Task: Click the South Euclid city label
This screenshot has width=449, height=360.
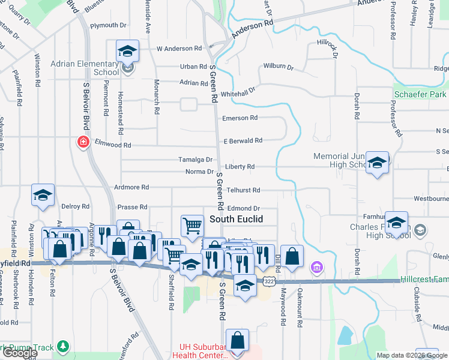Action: coord(236,220)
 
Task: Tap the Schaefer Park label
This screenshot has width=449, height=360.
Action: coord(420,95)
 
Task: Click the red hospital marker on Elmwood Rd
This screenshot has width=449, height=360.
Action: coord(83,142)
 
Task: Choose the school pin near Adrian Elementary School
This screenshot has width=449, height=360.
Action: coord(127,51)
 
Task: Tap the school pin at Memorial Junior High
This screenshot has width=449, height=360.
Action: coord(377,162)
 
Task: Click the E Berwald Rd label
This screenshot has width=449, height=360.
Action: coord(243,140)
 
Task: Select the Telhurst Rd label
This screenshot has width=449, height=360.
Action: coord(243,190)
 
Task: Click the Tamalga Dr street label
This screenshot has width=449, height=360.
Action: coord(196,160)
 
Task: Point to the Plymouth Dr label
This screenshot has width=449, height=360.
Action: coord(108,26)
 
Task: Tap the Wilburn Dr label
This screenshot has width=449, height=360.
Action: coord(277,67)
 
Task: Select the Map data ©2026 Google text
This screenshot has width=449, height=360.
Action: coord(411,355)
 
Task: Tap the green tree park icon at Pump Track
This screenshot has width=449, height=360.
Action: coord(63,347)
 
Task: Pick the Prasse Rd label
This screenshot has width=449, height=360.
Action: coord(132,207)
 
